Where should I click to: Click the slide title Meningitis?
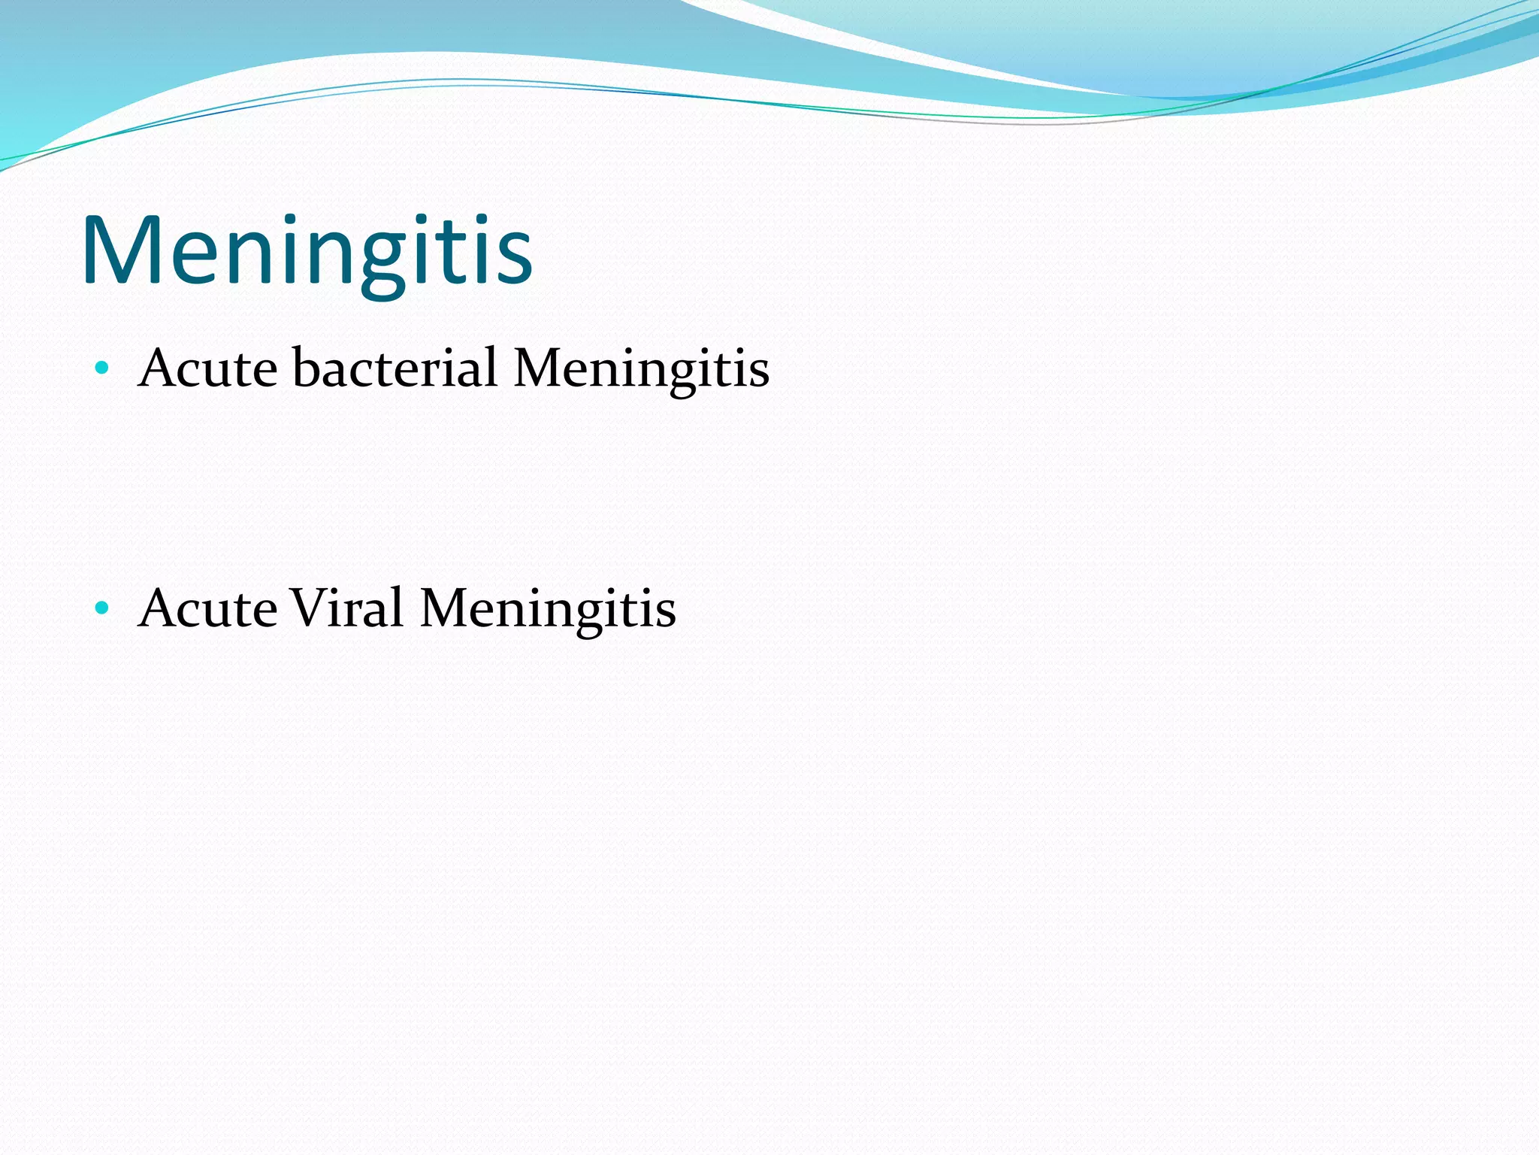point(307,251)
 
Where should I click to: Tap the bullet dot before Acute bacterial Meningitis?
point(102,368)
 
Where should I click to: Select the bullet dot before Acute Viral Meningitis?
point(102,608)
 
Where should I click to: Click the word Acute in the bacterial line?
point(208,368)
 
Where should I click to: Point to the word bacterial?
point(395,368)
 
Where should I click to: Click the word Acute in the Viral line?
point(208,608)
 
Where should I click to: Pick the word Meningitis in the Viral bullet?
point(548,609)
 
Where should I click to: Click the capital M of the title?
point(121,251)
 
